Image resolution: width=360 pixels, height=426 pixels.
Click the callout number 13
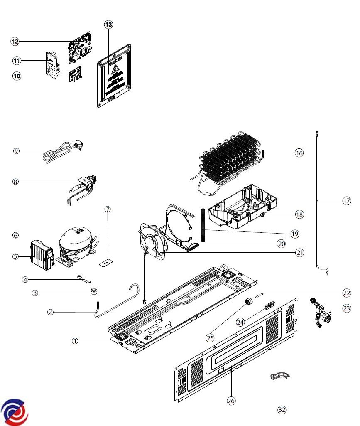tap(108, 25)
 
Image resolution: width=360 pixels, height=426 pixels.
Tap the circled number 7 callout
tap(108, 209)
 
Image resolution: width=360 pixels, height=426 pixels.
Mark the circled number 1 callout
tap(75, 341)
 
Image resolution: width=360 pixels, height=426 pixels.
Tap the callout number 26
tap(231, 401)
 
